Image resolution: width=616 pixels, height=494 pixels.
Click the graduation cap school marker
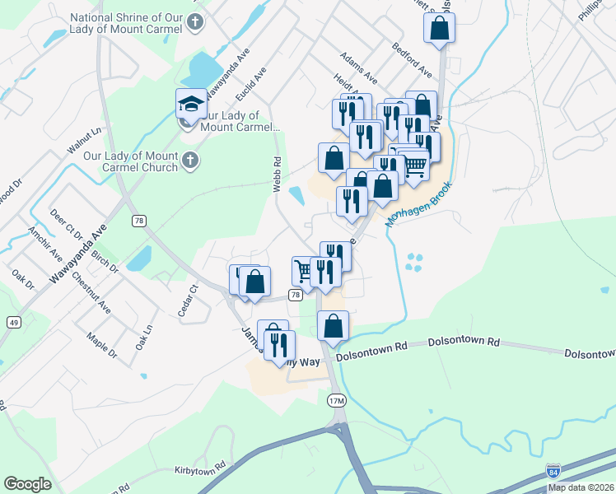(x=190, y=105)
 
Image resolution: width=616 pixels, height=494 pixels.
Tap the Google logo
(x=27, y=484)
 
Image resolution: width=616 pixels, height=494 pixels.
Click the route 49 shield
(x=14, y=322)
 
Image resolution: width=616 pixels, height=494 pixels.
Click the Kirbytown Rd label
(x=200, y=466)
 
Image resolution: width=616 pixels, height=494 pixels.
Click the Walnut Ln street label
(x=84, y=139)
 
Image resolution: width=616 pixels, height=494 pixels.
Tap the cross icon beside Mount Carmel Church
(x=190, y=161)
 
